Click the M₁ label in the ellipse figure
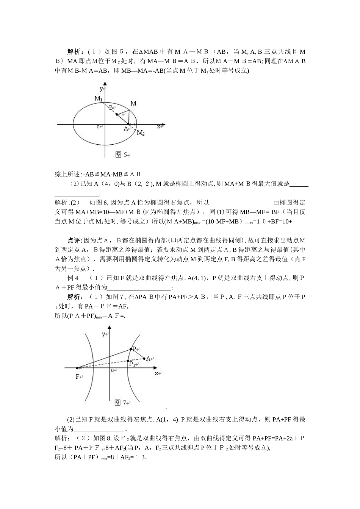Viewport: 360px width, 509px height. tap(99, 99)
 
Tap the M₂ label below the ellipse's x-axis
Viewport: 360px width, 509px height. tap(141, 133)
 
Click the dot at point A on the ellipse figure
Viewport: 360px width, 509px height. tap(128, 124)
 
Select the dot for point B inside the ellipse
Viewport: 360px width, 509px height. tap(117, 114)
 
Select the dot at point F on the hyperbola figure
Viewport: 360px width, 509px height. tap(77, 368)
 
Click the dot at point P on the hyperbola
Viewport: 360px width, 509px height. tap(131, 349)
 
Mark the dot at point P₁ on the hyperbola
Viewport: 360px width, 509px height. tap(128, 361)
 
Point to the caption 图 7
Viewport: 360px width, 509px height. tap(121, 403)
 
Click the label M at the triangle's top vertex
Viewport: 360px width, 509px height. tap(133, 103)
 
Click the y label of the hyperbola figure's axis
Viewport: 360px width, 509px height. tap(103, 334)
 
